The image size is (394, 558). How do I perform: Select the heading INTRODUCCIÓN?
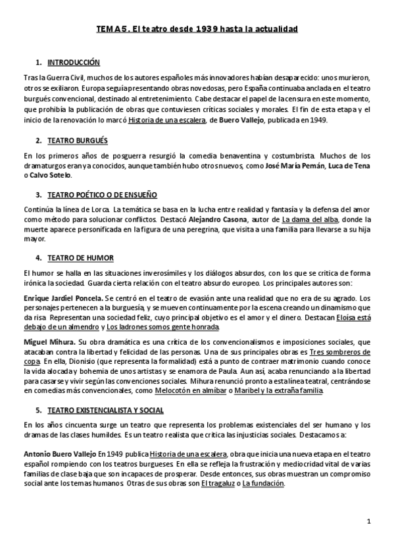tap(74, 63)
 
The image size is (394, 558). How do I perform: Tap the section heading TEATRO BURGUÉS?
tap(78, 141)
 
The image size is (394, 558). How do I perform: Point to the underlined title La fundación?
tap(263, 484)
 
